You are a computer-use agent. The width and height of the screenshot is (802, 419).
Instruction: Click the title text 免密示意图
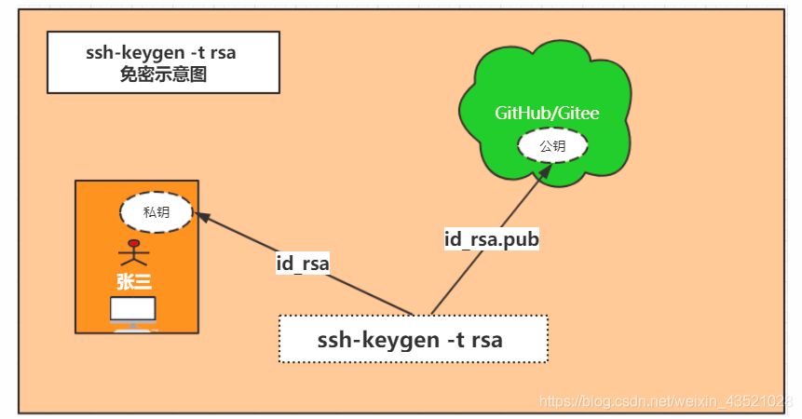163,74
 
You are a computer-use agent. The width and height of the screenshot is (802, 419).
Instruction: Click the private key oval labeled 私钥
156,212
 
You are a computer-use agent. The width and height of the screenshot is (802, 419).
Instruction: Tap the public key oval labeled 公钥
552,146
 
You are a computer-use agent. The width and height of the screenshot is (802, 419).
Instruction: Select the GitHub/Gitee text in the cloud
547,114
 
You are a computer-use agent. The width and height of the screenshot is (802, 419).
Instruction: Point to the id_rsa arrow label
303,264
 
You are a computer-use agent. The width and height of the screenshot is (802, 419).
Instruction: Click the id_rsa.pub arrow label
492,239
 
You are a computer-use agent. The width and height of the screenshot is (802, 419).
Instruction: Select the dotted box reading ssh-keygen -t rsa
413,339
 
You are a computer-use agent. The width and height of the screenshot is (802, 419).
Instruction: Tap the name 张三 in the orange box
134,280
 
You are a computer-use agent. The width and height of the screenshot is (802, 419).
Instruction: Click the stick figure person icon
134,253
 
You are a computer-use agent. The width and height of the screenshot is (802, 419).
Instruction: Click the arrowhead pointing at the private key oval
200,218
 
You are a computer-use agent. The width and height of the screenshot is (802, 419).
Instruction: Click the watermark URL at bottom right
665,400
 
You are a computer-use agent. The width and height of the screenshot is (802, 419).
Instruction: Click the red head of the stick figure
134,244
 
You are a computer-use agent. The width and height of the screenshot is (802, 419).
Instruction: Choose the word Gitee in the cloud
579,114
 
